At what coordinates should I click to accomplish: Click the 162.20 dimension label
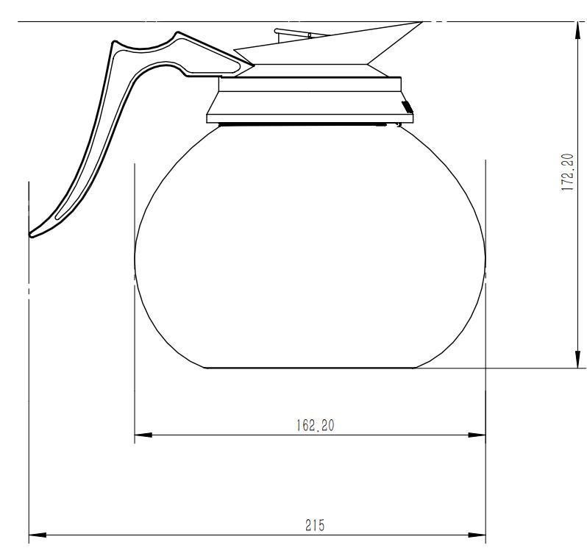[315, 425]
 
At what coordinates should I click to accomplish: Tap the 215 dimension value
[315, 525]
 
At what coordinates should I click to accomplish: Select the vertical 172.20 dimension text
[568, 172]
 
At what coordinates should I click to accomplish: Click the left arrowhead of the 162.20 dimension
[143, 435]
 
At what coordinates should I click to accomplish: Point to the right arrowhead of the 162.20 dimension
[477, 435]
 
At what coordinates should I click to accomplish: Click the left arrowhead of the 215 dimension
[38, 535]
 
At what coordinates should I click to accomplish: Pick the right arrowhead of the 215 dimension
[477, 535]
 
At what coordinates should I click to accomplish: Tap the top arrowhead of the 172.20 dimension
[577, 31]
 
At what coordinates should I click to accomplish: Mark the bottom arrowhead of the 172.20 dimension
[577, 359]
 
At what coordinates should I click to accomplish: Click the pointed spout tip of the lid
[422, 23]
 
